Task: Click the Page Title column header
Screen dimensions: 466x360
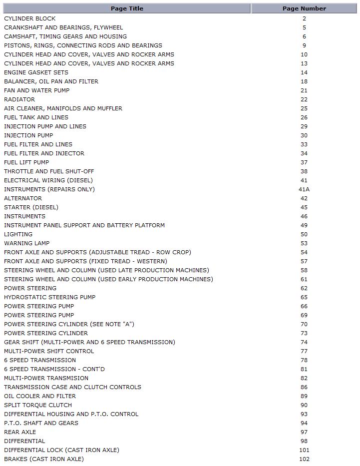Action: (127, 8)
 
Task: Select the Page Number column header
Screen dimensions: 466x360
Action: (304, 8)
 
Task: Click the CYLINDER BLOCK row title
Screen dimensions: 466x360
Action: (30, 18)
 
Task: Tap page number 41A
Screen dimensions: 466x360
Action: (304, 189)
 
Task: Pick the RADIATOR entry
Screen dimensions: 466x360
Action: (19, 99)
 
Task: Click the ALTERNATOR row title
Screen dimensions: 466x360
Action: (23, 198)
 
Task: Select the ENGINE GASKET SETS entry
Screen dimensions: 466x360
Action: (36, 72)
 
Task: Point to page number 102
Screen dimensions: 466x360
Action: (304, 459)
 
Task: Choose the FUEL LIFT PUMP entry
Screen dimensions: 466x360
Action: (26, 162)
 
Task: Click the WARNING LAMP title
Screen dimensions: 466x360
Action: (27, 243)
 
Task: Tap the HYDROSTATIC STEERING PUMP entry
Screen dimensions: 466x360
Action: (49, 297)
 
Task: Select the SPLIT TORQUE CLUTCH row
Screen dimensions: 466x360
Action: (38, 405)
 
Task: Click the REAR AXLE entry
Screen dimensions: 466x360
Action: (20, 432)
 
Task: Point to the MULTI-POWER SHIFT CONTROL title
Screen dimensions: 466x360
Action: (49, 351)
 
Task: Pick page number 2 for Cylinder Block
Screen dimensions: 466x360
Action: (304, 18)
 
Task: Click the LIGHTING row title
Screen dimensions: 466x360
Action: (18, 234)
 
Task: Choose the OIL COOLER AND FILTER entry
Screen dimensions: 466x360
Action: (40, 396)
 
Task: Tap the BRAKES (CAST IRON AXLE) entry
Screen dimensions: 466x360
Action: (44, 459)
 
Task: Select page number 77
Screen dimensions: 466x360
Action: (304, 351)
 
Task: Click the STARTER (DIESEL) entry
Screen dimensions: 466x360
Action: (31, 207)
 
